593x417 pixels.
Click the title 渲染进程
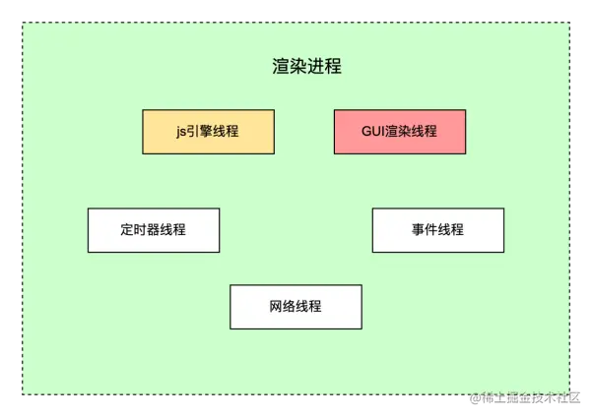point(306,67)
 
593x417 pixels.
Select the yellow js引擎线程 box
point(208,132)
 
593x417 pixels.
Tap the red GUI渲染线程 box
point(399,132)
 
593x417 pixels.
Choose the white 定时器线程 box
point(154,230)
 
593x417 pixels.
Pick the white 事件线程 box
point(437,230)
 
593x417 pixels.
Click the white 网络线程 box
point(296,307)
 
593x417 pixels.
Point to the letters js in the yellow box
point(181,132)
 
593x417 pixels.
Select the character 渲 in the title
point(281,67)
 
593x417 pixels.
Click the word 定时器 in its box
point(141,230)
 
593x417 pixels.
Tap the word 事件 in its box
point(425,230)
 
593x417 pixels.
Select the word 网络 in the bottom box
point(282,307)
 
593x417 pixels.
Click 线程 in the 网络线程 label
point(308,307)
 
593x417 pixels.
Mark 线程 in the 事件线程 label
point(450,230)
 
